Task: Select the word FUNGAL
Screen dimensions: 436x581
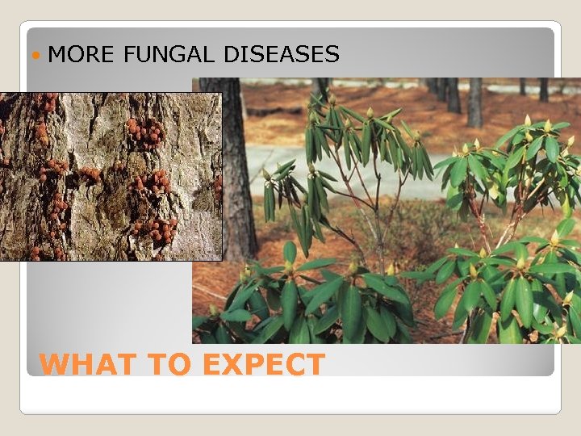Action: (169, 54)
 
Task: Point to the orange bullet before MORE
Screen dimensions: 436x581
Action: (35, 56)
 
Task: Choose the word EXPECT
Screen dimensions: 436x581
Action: (263, 365)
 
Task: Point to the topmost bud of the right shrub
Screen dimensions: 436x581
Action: (528, 120)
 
